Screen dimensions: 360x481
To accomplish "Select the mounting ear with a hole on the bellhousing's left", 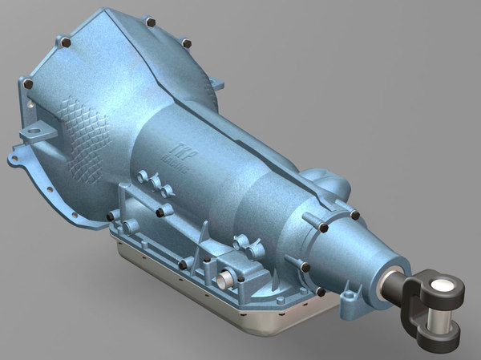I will click(32, 132).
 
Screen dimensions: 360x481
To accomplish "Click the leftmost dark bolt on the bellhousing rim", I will click(28, 83).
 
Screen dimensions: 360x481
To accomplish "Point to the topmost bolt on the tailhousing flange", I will click(354, 214).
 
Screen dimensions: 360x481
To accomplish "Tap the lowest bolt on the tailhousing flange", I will click(321, 292).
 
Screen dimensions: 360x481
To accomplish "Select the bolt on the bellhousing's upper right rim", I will click(186, 42).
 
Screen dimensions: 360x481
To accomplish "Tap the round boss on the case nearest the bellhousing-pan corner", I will click(129, 227).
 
